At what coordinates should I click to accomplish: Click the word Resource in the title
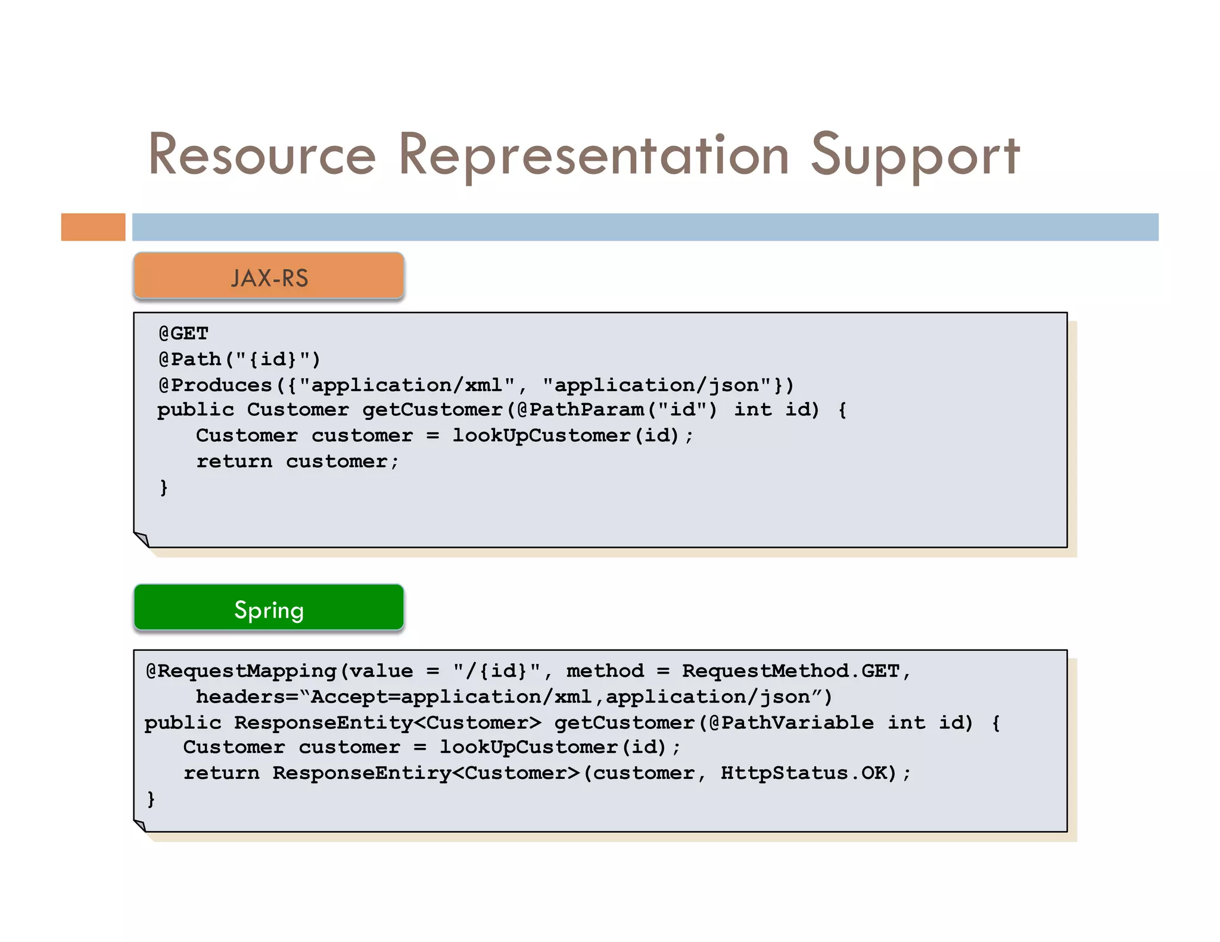point(262,155)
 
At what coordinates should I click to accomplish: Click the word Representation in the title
point(593,155)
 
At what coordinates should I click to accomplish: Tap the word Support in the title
point(915,155)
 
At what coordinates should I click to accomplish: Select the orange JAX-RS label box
point(269,276)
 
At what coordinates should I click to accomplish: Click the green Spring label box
point(269,608)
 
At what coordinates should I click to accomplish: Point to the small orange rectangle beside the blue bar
point(93,227)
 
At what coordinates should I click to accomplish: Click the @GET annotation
point(183,333)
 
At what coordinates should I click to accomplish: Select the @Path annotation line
point(239,359)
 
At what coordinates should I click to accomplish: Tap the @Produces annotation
point(216,385)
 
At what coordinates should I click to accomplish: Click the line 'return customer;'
point(297,461)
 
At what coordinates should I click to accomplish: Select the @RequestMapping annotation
point(241,671)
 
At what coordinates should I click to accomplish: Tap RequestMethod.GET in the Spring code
point(790,671)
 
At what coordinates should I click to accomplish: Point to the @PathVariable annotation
point(791,723)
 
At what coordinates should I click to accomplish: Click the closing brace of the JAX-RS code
point(164,487)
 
